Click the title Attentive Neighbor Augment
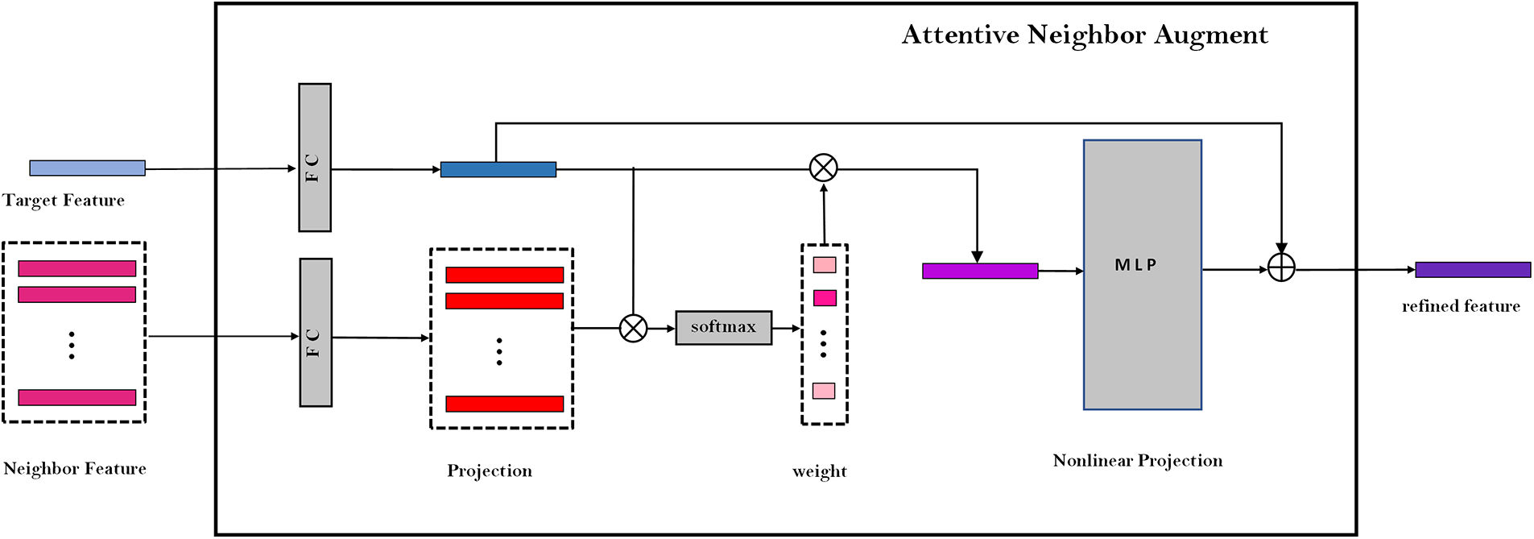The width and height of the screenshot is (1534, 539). pyautogui.click(x=1084, y=35)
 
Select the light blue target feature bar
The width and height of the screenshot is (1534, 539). pyautogui.click(x=87, y=168)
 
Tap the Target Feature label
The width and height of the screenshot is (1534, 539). pyautogui.click(x=64, y=200)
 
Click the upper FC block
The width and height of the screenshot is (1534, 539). pyautogui.click(x=314, y=158)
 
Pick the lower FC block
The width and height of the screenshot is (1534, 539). pyautogui.click(x=316, y=332)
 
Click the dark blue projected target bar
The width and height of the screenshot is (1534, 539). pyautogui.click(x=498, y=169)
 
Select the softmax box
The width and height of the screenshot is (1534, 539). pyautogui.click(x=723, y=327)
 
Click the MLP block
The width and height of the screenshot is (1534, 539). pyautogui.click(x=1142, y=275)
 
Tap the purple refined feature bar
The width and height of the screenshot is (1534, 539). pyautogui.click(x=1472, y=270)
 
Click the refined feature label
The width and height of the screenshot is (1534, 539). pyautogui.click(x=1460, y=306)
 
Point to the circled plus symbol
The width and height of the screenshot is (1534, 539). pyautogui.click(x=1280, y=267)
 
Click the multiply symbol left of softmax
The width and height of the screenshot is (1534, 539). pyautogui.click(x=633, y=328)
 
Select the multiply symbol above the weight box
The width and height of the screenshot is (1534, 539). pyautogui.click(x=823, y=168)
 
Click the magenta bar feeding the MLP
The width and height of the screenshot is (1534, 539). pyautogui.click(x=979, y=271)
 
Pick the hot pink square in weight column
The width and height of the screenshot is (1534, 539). pyautogui.click(x=824, y=298)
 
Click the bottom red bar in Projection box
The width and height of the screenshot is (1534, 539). pyautogui.click(x=504, y=404)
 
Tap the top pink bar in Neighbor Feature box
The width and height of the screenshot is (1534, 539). pyautogui.click(x=76, y=268)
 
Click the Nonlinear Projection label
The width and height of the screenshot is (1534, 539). pyautogui.click(x=1137, y=461)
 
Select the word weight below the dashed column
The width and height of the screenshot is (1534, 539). pyautogui.click(x=819, y=471)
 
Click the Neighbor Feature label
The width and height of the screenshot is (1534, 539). pyautogui.click(x=75, y=469)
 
